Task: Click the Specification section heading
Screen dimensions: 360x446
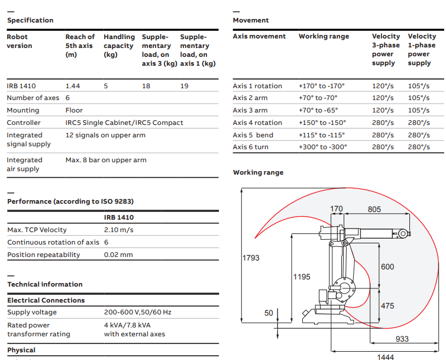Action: [x=30, y=20]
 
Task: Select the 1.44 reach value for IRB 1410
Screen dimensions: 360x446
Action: [x=73, y=86]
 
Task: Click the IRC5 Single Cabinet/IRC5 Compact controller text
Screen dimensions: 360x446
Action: [x=124, y=123]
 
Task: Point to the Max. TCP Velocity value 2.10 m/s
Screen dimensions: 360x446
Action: [x=119, y=230]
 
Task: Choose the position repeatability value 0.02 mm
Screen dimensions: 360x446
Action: [x=118, y=255]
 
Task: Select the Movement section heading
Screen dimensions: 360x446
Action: [x=251, y=20]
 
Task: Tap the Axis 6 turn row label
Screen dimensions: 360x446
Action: [x=251, y=147]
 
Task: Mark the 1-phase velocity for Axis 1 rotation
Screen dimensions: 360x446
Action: [x=419, y=86]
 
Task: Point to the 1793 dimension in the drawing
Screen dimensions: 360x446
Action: [x=251, y=258]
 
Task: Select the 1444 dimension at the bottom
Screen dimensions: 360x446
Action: [x=385, y=356]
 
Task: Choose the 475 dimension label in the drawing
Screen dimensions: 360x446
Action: [x=387, y=306]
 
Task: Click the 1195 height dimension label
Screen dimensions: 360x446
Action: [x=302, y=277]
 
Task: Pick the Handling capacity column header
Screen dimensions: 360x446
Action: [x=119, y=46]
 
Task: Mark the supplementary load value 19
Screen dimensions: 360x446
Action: [x=185, y=86]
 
